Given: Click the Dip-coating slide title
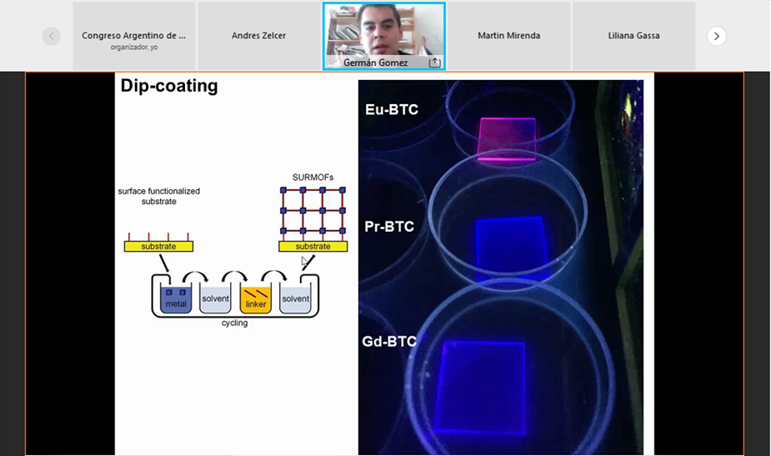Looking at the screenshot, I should [x=169, y=86].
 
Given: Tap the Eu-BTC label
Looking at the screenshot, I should [x=391, y=109].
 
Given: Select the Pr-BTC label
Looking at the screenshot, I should [x=389, y=226].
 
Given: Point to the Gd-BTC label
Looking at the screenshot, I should [x=389, y=341].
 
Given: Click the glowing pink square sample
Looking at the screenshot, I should [x=507, y=137].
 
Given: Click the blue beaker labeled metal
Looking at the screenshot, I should [x=176, y=300].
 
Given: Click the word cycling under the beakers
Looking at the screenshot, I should [x=234, y=323].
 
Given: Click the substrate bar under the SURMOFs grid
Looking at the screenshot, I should [x=313, y=246].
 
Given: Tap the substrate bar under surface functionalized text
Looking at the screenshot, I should [x=158, y=246].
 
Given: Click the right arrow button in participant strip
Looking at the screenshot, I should [x=717, y=36].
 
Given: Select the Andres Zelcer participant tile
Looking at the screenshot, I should [x=258, y=36].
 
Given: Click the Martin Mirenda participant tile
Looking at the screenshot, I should [x=508, y=36].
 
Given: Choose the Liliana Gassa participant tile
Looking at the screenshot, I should [x=633, y=36].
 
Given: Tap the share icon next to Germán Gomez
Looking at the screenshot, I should [x=434, y=63].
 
